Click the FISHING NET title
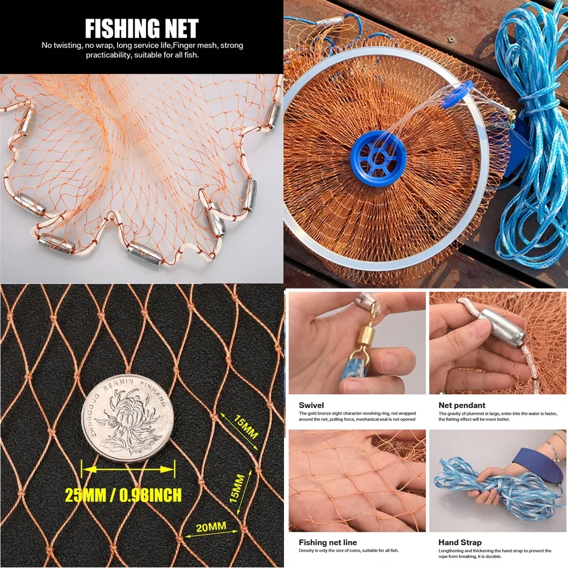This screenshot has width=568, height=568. (141, 28)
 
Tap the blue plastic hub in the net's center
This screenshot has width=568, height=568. (378, 158)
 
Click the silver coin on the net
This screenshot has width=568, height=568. (127, 419)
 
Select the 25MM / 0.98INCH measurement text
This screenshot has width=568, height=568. (123, 495)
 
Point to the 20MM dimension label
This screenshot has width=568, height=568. (211, 527)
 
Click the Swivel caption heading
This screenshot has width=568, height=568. (311, 405)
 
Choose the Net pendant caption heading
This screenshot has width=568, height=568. (462, 405)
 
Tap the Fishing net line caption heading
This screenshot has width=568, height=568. (328, 542)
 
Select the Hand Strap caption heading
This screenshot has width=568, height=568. (460, 542)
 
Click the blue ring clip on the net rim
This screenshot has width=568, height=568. (457, 95)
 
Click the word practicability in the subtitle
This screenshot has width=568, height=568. (108, 55)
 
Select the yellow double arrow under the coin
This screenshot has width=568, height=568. (128, 469)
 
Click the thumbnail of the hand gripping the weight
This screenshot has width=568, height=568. (498, 343)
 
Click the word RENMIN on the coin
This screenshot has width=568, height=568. (118, 385)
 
